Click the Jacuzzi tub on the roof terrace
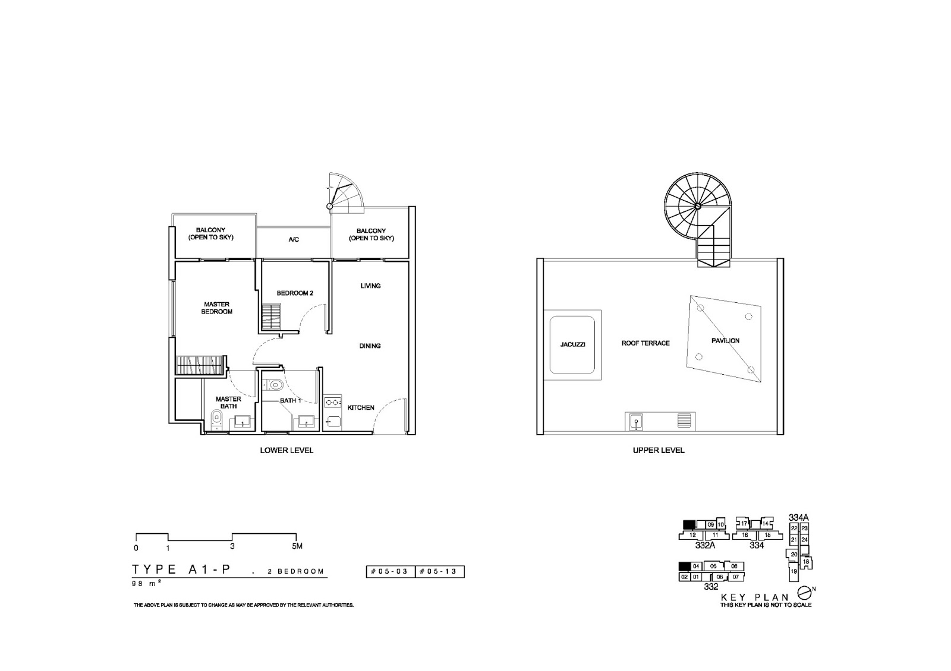coord(572,344)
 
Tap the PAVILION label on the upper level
coord(725,341)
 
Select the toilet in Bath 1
coord(274,385)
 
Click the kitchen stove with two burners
coord(332,402)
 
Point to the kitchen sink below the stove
coord(332,422)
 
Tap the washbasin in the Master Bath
coord(242,422)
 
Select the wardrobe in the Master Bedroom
coord(200,364)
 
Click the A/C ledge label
coord(294,240)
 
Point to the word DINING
coord(370,346)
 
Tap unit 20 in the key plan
coord(793,554)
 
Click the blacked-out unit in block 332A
coord(689,524)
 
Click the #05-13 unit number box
coord(439,572)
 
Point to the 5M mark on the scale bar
coord(297,547)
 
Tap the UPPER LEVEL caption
coord(659,451)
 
